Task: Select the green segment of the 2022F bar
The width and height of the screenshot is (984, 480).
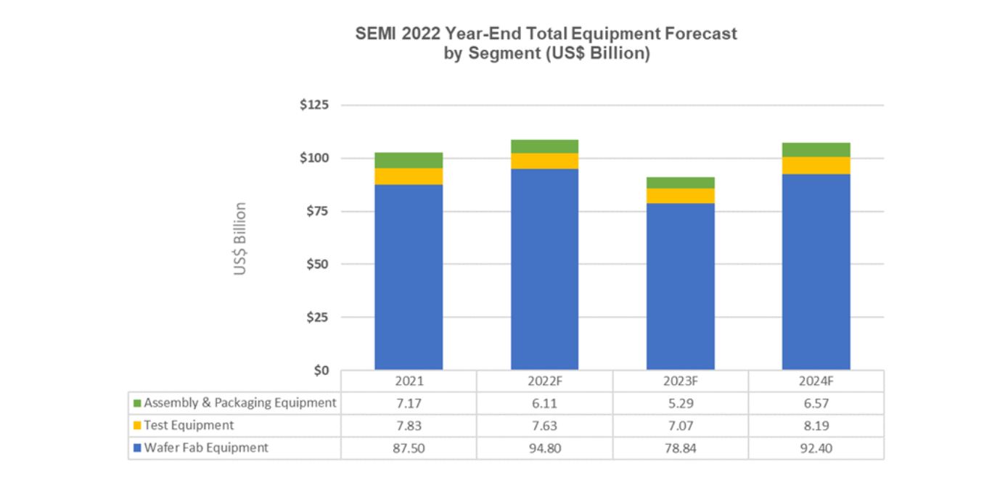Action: pos(544,146)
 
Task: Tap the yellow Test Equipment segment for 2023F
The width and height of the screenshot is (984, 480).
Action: pos(680,196)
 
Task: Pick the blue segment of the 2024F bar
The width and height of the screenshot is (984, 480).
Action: pos(816,272)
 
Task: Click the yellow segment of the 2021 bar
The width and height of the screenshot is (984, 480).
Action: pos(409,176)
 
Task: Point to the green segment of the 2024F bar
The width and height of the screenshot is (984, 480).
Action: pos(816,149)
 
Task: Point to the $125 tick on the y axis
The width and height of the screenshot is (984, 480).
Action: pos(314,105)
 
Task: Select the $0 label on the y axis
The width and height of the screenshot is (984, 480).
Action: pos(320,371)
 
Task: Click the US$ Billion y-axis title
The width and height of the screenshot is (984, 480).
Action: pos(240,239)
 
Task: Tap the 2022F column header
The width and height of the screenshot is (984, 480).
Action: pos(544,381)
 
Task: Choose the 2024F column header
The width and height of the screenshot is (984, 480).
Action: pos(816,381)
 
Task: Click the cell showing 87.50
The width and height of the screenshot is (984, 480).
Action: pos(409,448)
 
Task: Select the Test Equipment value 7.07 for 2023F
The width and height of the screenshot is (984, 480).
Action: pos(680,426)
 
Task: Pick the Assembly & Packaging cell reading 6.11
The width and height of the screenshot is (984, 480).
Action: pos(544,402)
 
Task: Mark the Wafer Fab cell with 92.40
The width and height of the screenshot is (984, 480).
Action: pos(816,448)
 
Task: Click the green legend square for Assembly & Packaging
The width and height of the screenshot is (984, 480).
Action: pos(136,402)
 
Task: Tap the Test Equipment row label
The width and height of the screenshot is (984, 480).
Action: pos(189,426)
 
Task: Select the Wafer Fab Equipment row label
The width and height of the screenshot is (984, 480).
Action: pos(205,448)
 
